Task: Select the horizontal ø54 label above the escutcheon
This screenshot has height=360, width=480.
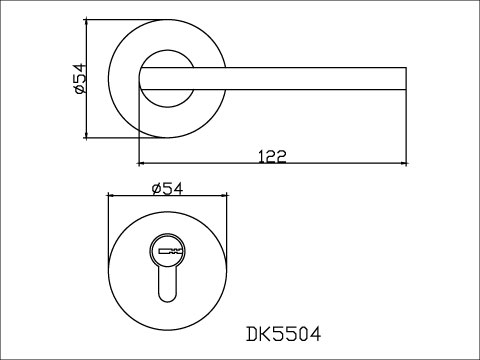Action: tap(166, 189)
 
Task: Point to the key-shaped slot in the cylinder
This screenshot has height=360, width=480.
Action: tap(168, 249)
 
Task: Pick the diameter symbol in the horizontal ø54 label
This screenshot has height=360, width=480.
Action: tap(155, 189)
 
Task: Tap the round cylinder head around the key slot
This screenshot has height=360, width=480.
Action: tap(168, 250)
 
